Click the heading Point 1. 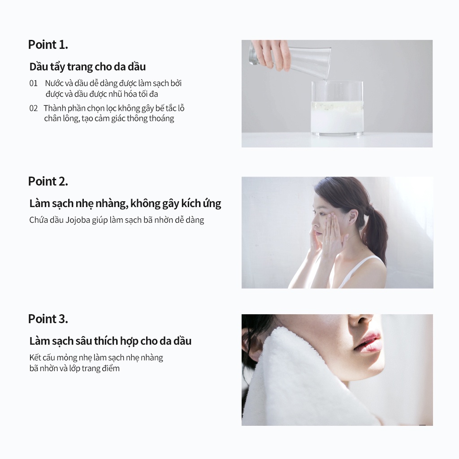tap(48, 44)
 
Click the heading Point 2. tap(48, 181)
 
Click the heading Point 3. tap(48, 319)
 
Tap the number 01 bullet tap(33, 83)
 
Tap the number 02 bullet tap(33, 108)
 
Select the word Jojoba tap(78, 220)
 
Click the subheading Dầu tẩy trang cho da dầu tap(87, 67)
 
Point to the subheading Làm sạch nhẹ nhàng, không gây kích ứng tap(125, 204)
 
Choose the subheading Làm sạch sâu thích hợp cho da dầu tap(110, 341)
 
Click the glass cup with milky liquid tap(337, 108)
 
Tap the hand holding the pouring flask tap(271, 54)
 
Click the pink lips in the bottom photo tap(368, 342)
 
